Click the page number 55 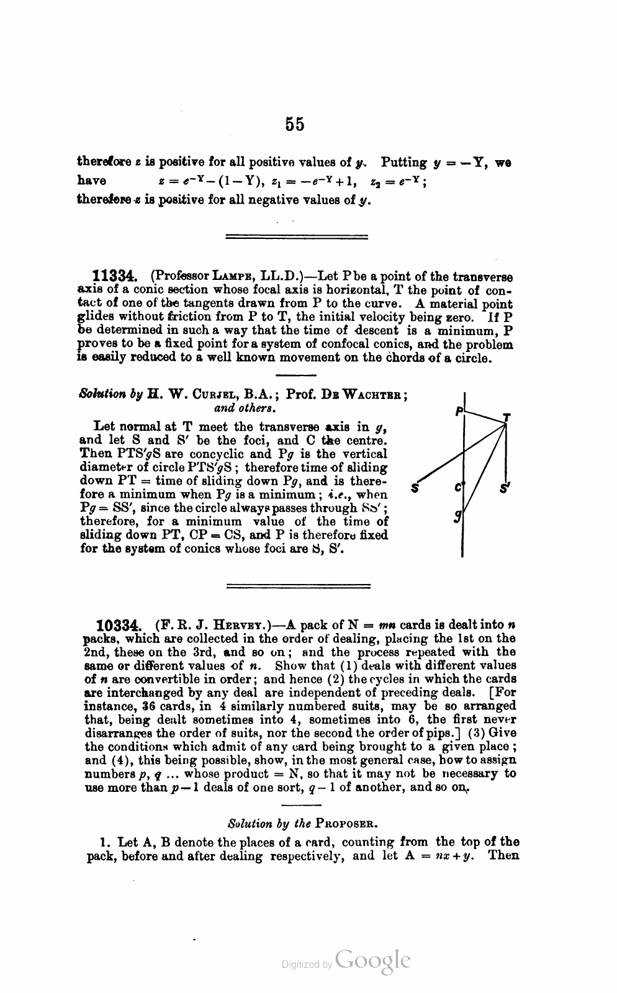pos(295,124)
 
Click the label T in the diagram pos(507,417)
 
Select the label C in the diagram pos(457,488)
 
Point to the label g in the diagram pos(457,514)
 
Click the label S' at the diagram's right pos(505,488)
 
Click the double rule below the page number pos(296,236)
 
